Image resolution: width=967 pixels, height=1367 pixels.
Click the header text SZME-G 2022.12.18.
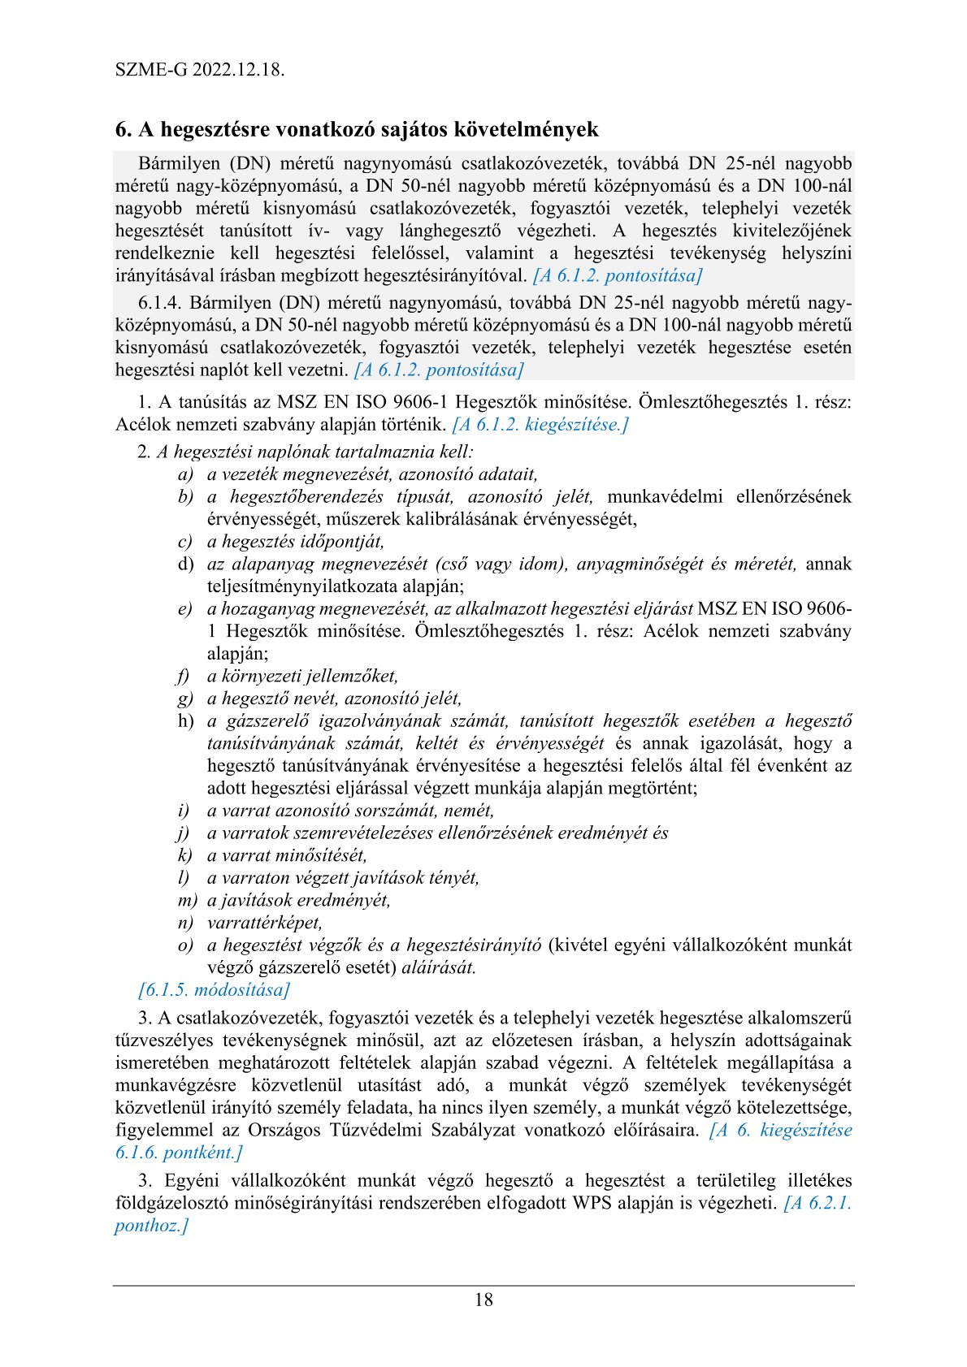[x=200, y=69]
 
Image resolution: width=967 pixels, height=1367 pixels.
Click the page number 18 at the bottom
[x=483, y=1300]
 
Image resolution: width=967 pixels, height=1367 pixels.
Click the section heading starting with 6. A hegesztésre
[x=357, y=129]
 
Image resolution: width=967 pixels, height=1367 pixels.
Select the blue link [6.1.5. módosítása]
[x=214, y=990]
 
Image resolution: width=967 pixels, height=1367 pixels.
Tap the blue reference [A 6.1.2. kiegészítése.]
[x=540, y=424]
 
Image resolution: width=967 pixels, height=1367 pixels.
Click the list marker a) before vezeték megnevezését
[x=186, y=474]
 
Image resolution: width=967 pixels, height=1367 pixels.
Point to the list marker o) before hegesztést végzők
[x=186, y=945]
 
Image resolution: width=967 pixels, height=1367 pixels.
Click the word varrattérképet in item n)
[x=265, y=923]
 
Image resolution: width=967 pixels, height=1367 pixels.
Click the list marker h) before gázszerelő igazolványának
[x=186, y=721]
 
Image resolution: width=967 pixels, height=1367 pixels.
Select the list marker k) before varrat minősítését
[x=185, y=855]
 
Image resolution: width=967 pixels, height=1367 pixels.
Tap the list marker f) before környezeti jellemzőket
[x=184, y=677]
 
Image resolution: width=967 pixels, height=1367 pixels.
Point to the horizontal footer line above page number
[x=483, y=1285]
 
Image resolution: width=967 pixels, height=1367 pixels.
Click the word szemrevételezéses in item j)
[x=369, y=833]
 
